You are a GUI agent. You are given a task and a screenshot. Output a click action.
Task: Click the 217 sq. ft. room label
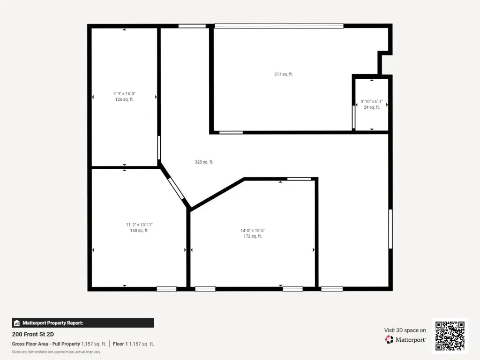[x=283, y=74]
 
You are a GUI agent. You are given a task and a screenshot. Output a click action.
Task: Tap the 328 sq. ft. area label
[x=204, y=162]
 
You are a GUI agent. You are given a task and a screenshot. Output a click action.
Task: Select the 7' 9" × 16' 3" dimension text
[x=124, y=94]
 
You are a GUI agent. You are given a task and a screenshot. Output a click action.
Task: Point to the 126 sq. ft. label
[x=124, y=99]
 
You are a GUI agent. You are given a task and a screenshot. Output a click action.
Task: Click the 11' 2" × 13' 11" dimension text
[x=139, y=225]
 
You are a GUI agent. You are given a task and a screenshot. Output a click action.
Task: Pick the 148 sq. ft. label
[x=139, y=231]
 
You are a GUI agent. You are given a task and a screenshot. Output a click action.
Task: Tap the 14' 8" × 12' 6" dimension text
[x=253, y=231]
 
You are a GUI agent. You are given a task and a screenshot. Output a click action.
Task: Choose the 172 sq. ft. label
[x=253, y=236]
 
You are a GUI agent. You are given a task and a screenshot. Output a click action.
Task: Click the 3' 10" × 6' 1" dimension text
[x=372, y=101]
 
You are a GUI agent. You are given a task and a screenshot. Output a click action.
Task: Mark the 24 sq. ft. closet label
[x=372, y=107]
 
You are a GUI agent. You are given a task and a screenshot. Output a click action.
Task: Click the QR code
[x=450, y=336]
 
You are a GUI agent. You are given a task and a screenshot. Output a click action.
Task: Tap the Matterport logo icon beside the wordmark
[x=389, y=339]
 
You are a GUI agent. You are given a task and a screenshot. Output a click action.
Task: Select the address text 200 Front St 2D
[x=33, y=334]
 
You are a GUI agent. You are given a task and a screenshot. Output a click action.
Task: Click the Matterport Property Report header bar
[x=83, y=323]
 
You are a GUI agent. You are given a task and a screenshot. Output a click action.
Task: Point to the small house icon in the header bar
[x=17, y=323]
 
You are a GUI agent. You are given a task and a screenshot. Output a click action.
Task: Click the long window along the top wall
[x=279, y=26]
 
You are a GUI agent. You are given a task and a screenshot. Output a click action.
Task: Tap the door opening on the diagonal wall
[x=176, y=188]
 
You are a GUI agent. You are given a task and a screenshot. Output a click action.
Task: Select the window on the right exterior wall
[x=390, y=229]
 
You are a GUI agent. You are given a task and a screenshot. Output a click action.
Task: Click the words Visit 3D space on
[x=405, y=330]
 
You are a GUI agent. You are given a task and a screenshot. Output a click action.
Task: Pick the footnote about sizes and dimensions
[x=56, y=352]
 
